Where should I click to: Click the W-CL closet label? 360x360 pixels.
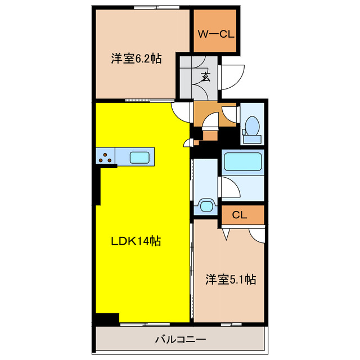point(215,34)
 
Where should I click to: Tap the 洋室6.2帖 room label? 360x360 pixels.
point(137,58)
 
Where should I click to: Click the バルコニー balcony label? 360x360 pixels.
point(181,340)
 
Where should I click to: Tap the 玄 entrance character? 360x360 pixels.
point(205,77)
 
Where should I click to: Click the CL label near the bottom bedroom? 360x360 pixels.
point(240,215)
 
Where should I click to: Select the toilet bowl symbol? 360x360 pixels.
point(253,124)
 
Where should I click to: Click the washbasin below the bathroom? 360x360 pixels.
point(206,205)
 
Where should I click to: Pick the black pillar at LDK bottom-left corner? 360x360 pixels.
point(107,318)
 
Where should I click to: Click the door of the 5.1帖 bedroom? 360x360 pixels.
point(257,234)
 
